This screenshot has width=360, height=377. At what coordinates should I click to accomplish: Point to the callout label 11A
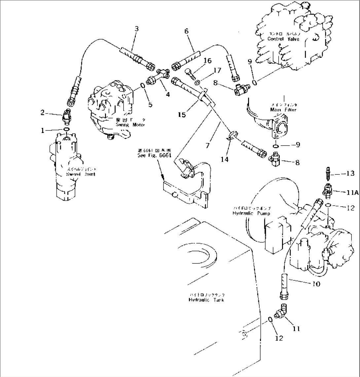(x=352, y=192)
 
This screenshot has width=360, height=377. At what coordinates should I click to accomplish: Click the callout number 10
(x=316, y=284)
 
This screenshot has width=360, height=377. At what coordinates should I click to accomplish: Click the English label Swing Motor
(x=130, y=125)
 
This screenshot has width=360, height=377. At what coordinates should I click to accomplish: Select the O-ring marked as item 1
(x=66, y=129)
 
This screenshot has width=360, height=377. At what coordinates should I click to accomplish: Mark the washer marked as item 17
(x=197, y=82)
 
